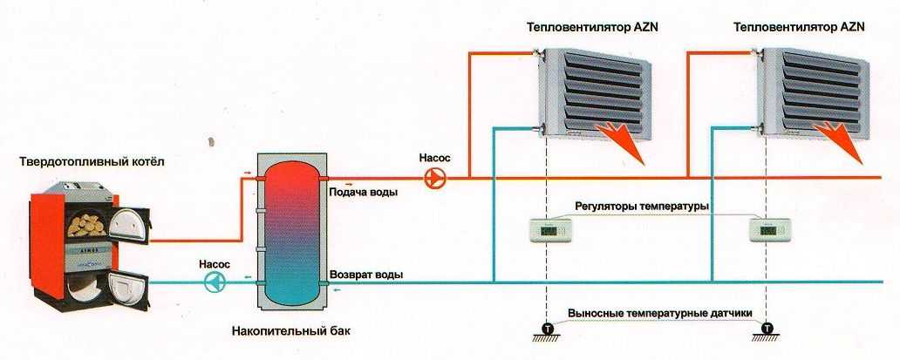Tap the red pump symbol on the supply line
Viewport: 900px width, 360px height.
coord(433,179)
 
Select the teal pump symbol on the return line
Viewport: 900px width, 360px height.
coord(214,282)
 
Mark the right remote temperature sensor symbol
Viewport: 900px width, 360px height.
coord(767,329)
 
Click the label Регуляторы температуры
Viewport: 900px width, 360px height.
coord(642,207)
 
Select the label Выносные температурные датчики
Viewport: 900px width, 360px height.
coord(659,313)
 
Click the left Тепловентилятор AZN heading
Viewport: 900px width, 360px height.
coord(592,28)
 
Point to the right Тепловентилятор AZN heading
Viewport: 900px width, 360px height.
coord(799,28)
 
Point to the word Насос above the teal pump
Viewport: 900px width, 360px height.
coord(214,262)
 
